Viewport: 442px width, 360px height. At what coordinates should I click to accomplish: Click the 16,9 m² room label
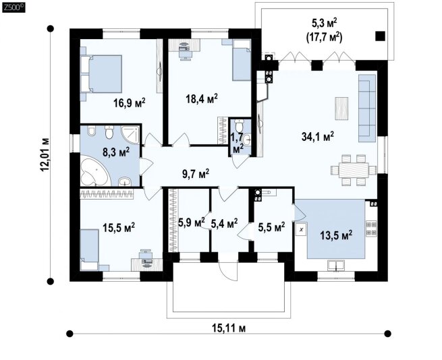click(x=130, y=103)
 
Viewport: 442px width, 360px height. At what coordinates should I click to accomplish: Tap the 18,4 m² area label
click(x=202, y=98)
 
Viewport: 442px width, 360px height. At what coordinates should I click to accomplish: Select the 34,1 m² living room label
click(x=318, y=137)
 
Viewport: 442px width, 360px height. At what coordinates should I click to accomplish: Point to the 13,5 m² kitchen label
click(x=336, y=235)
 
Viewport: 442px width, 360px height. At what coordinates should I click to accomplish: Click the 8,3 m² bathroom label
click(x=116, y=152)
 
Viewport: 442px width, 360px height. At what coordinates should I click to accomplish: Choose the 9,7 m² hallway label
click(x=196, y=174)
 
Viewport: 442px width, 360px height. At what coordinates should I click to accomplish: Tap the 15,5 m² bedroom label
click(x=119, y=228)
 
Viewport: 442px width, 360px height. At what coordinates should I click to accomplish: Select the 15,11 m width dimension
click(x=229, y=328)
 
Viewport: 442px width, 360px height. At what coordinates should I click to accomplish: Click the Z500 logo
click(x=13, y=8)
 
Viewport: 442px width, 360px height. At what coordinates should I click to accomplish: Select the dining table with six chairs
click(x=354, y=170)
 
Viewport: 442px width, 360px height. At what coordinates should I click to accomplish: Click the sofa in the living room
click(x=367, y=108)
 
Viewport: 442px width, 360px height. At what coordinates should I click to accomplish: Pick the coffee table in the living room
click(x=341, y=109)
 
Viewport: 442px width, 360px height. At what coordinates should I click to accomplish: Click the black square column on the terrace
click(x=380, y=36)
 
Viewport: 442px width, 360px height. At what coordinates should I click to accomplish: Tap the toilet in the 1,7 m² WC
click(x=240, y=125)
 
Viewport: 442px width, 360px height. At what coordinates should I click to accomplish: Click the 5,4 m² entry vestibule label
click(x=225, y=223)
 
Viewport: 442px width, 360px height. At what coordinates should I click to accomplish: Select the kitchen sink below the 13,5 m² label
click(x=336, y=265)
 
